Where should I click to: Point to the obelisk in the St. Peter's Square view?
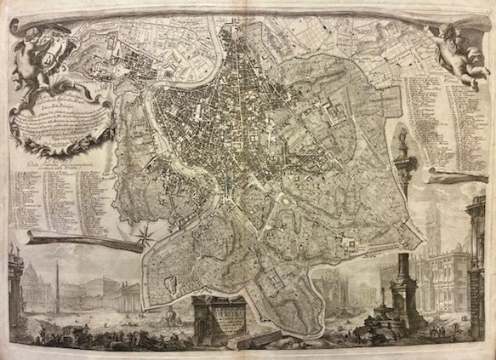click(57, 281)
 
